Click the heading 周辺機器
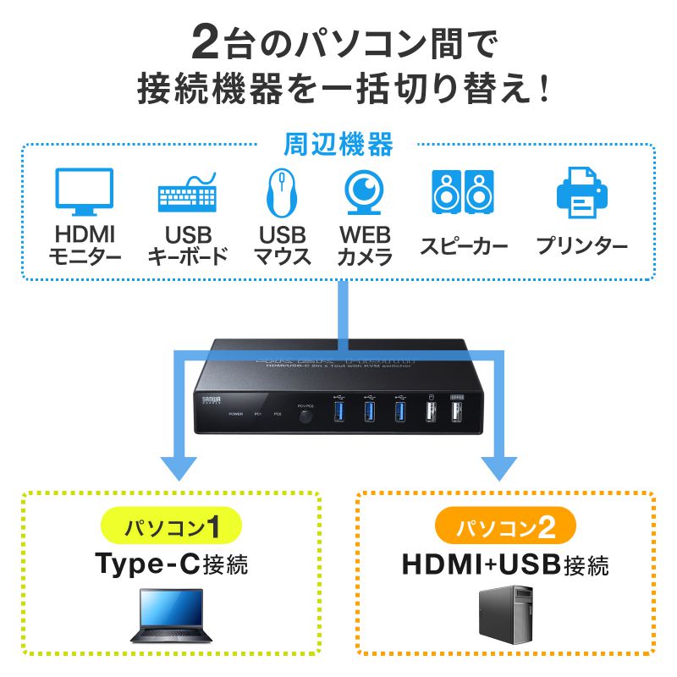338,146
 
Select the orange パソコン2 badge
505,529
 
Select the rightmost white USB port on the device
455,412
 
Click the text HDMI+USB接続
505,564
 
